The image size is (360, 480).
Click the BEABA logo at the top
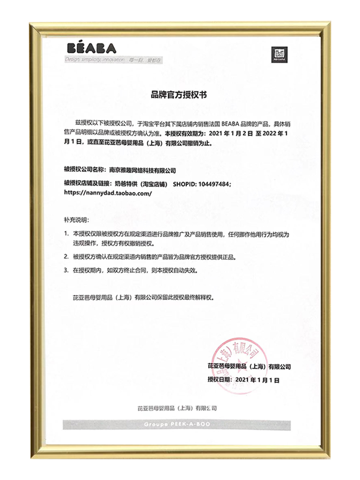91,48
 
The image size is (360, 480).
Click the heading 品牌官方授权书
178,96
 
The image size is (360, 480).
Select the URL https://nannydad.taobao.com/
108,192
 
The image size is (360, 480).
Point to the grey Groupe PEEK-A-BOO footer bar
176,425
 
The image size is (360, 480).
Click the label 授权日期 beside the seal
218,379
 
